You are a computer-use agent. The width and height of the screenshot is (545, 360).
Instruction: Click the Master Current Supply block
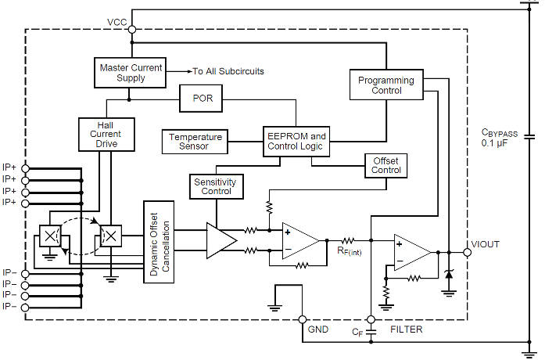point(130,72)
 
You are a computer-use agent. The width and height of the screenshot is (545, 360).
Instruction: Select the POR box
point(203,99)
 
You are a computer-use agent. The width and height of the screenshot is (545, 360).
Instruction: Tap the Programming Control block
point(385,85)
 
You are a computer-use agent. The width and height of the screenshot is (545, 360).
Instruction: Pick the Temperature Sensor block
point(195,142)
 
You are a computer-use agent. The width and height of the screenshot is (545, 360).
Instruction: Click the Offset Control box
point(385,165)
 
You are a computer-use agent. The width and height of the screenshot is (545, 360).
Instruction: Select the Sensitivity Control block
point(217,185)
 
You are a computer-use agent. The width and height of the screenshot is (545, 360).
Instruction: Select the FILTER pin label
point(406,329)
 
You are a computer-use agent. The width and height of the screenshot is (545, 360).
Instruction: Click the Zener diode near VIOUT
point(449,275)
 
